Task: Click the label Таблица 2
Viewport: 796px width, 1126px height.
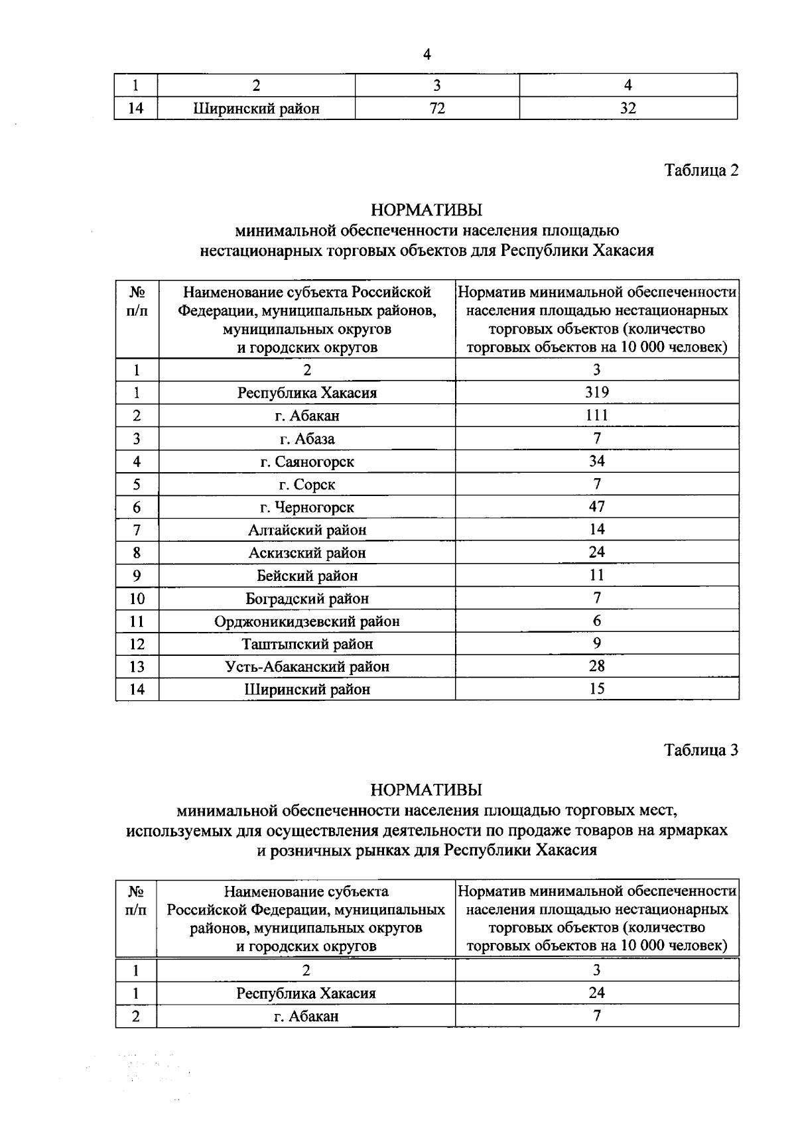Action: (701, 170)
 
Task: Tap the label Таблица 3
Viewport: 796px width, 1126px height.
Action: (701, 750)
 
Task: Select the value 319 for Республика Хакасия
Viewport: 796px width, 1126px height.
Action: (596, 392)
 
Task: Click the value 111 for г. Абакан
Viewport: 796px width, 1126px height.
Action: (596, 415)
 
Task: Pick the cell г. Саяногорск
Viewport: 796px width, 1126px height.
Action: (306, 462)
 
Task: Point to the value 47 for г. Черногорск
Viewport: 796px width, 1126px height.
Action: (596, 507)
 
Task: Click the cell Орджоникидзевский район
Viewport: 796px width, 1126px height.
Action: (306, 621)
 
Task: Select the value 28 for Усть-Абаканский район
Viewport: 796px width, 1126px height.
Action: (596, 666)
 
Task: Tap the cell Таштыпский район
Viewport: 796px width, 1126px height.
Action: (306, 644)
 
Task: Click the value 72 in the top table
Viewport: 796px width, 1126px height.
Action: (436, 108)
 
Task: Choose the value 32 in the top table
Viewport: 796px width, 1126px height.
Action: (628, 108)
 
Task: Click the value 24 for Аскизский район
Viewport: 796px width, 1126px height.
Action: (596, 552)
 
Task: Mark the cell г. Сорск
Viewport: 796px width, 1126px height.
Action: (306, 485)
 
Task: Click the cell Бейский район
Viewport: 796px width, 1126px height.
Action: (306, 576)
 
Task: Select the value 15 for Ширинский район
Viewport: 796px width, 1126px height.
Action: (596, 689)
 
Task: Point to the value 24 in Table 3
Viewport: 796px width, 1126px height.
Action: (596, 993)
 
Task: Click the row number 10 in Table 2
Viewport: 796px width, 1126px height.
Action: (137, 599)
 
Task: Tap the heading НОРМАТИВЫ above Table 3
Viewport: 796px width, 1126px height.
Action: (427, 790)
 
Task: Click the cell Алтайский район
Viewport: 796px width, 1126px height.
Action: (306, 530)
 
